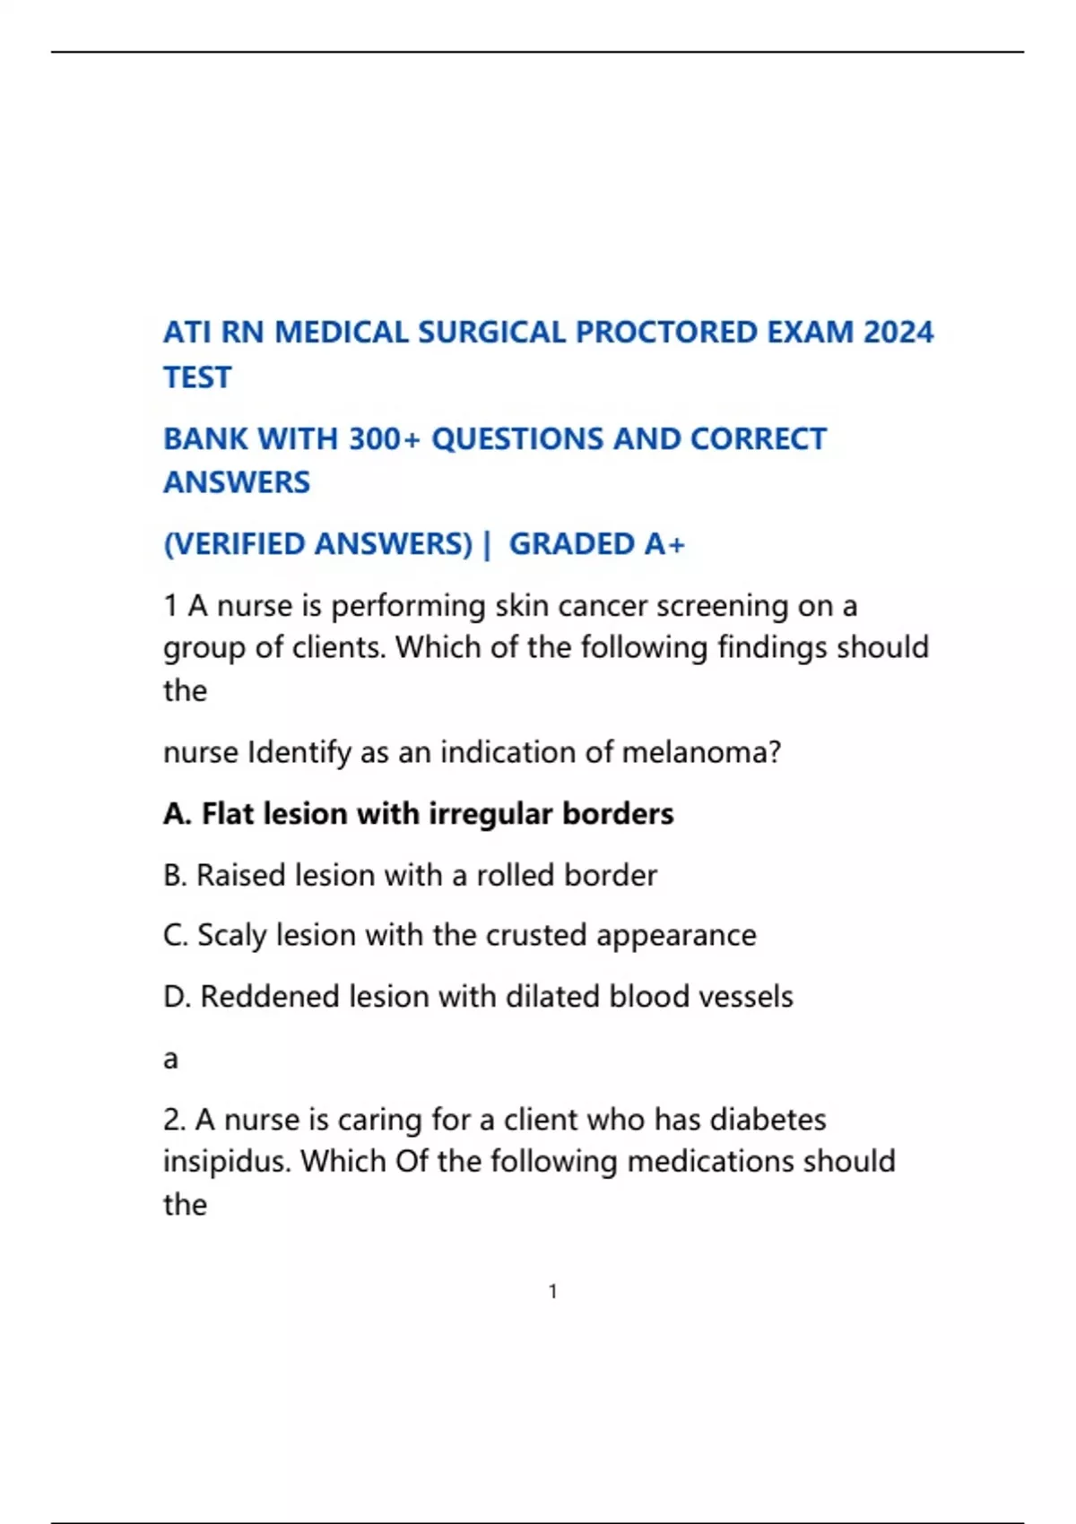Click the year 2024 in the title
(898, 333)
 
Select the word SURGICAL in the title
(492, 333)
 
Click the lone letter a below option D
(170, 1060)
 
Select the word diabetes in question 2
(768, 1120)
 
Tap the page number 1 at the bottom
(553, 1292)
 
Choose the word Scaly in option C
(232, 935)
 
